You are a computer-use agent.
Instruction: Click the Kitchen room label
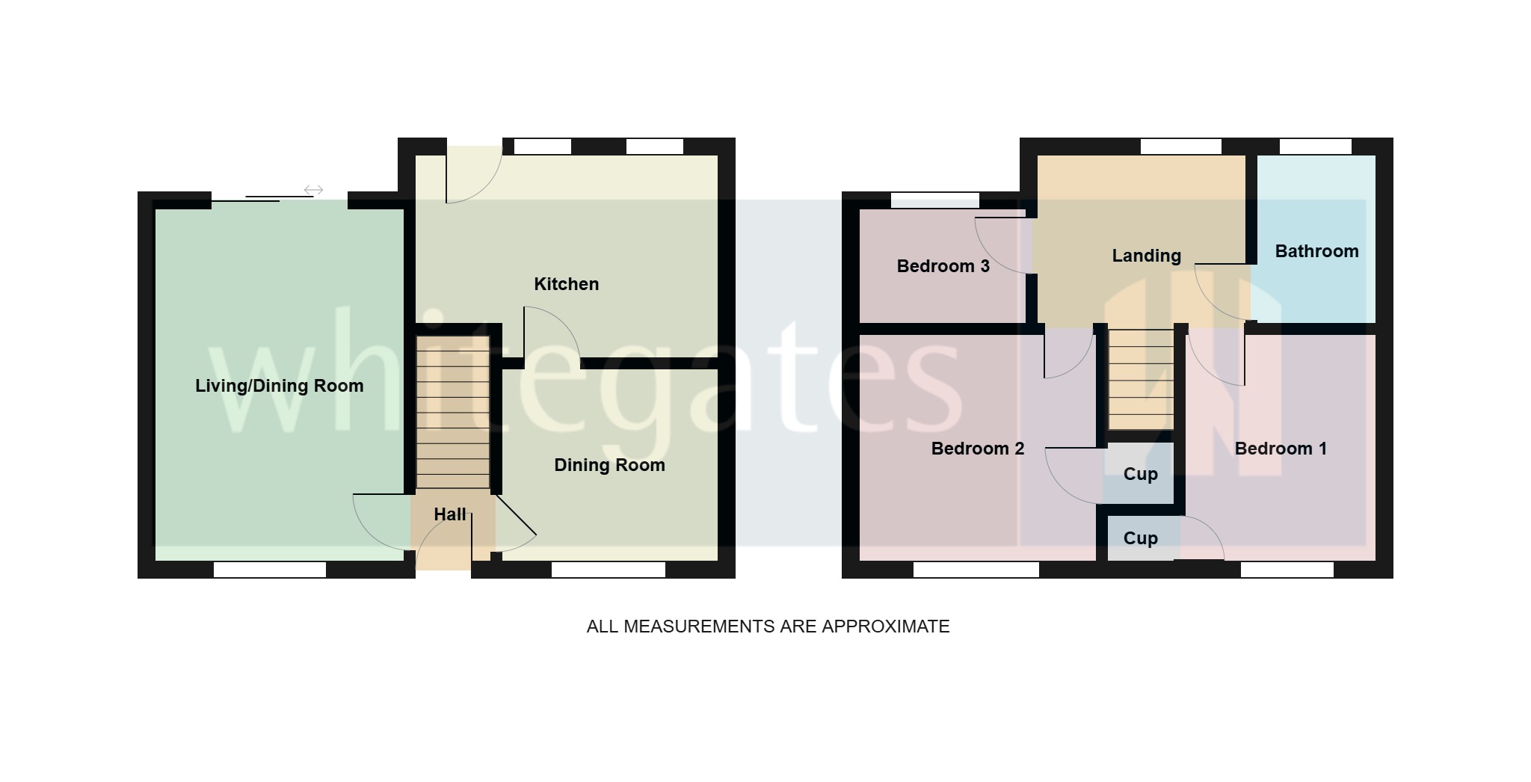(566, 284)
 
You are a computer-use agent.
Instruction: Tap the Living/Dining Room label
(279, 386)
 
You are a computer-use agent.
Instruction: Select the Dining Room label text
(609, 465)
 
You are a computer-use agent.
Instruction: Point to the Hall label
(449, 514)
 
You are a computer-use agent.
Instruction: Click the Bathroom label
(1316, 251)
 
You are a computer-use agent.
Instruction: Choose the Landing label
(1146, 256)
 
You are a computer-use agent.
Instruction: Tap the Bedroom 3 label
(943, 266)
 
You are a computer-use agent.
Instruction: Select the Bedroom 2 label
(977, 449)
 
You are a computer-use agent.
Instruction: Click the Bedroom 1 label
(1281, 449)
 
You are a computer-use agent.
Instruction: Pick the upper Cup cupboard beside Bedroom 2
(1140, 474)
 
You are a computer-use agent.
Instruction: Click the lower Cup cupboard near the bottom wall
(1140, 538)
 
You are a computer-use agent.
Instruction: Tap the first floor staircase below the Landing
(1140, 380)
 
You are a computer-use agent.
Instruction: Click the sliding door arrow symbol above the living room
(313, 190)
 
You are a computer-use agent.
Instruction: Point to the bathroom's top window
(1315, 147)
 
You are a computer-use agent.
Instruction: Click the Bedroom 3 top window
(934, 200)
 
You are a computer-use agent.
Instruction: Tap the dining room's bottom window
(608, 570)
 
